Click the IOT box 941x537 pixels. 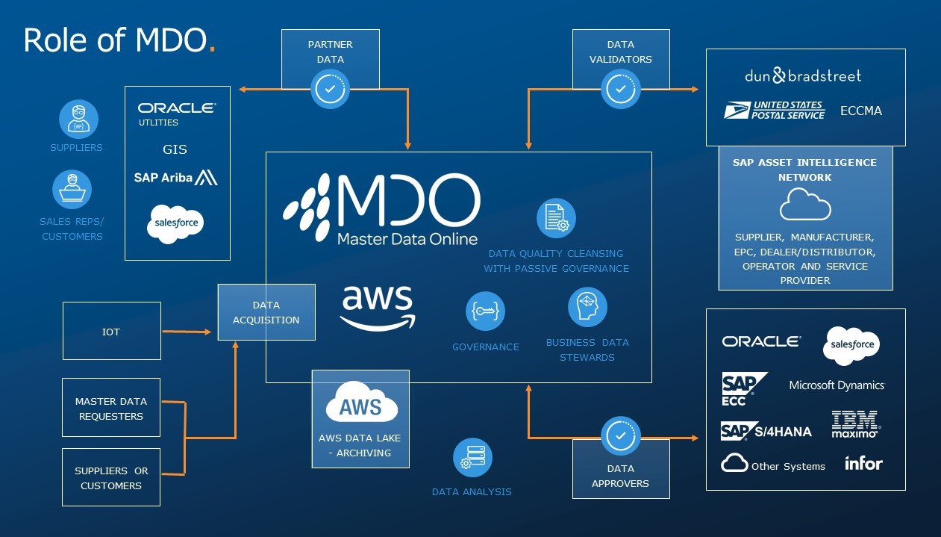(x=111, y=331)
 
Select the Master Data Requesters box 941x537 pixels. (x=111, y=409)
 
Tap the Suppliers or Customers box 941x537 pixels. (x=111, y=478)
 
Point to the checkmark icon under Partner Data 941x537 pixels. (x=330, y=89)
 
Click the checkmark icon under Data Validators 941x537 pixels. (x=620, y=89)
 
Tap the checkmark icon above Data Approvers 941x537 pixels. (x=620, y=435)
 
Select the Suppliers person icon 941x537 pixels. (x=78, y=119)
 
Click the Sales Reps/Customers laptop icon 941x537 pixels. (x=72, y=189)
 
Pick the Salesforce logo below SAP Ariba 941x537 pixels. (x=175, y=223)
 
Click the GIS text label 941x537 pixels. (x=175, y=149)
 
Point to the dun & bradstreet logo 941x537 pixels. (x=803, y=75)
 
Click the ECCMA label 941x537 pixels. (x=860, y=111)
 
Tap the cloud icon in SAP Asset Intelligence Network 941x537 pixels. (x=805, y=205)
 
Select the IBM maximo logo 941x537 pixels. (x=855, y=423)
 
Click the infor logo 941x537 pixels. (x=863, y=464)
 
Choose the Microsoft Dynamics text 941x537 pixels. (x=837, y=385)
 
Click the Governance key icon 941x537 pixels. (x=485, y=311)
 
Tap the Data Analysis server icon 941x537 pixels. (x=472, y=457)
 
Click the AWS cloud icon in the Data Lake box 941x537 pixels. (x=361, y=404)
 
